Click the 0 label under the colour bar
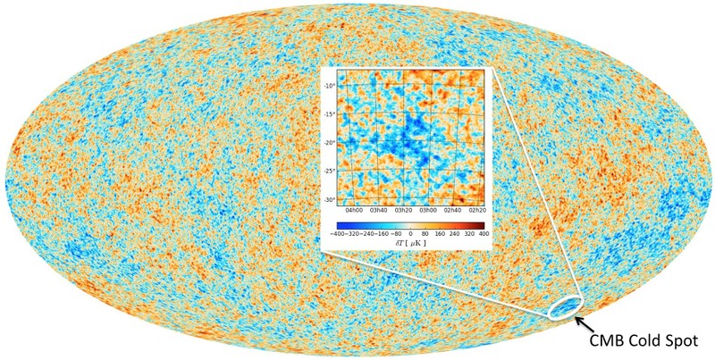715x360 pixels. coord(410,233)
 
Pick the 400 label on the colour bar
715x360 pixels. coord(484,233)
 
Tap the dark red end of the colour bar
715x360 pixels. coord(481,223)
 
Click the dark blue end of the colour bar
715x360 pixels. coord(341,223)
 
